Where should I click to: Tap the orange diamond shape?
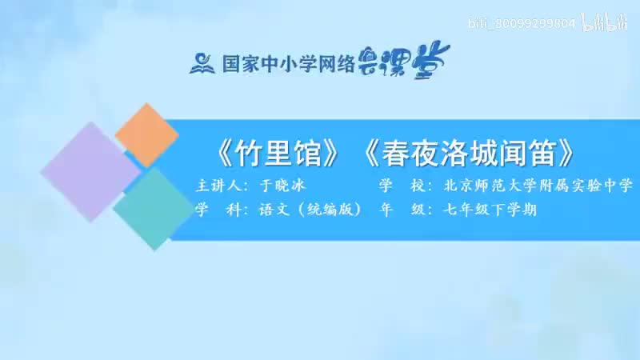pos(146,134)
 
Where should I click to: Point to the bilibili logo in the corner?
pos(604,23)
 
